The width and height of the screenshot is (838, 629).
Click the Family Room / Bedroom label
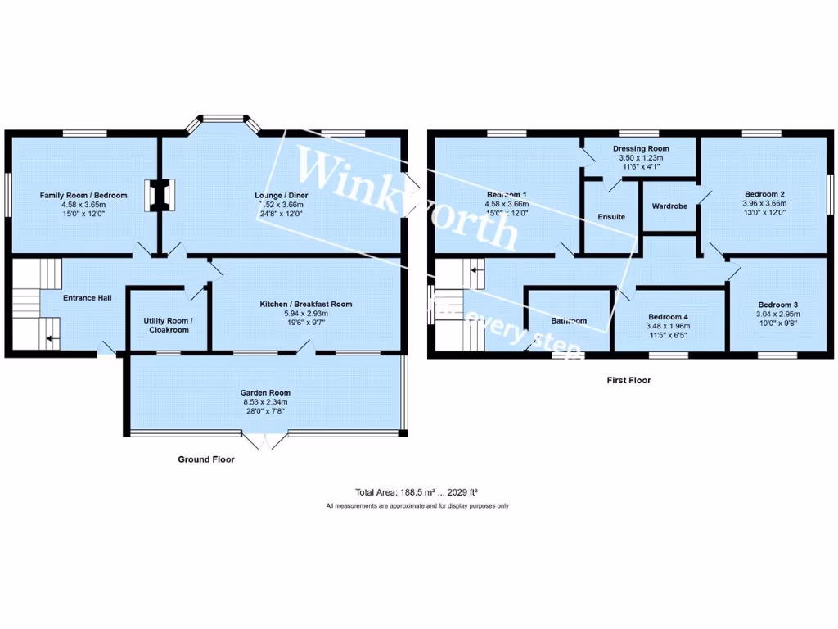(84, 196)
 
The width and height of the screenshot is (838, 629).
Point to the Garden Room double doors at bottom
(268, 441)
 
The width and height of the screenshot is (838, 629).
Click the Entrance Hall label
(88, 298)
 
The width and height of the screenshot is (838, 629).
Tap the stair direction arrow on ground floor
(51, 337)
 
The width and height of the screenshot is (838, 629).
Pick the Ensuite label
(610, 217)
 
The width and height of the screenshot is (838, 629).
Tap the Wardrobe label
(669, 206)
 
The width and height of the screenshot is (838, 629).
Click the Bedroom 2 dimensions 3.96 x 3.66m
(764, 204)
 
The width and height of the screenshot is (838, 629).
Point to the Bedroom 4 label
(669, 317)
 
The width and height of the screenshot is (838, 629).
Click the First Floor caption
(628, 380)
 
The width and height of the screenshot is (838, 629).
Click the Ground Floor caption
(206, 459)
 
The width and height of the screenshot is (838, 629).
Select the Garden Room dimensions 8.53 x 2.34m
(267, 402)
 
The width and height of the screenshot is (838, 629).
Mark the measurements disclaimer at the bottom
(417, 506)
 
